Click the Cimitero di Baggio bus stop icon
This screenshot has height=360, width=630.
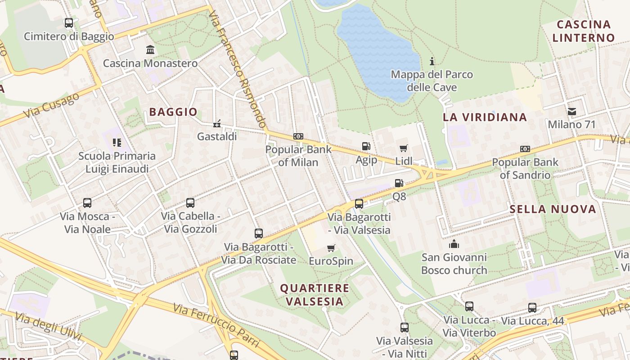click(x=69, y=23)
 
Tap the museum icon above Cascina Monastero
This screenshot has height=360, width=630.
click(x=150, y=49)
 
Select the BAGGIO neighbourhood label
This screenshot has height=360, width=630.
click(x=173, y=112)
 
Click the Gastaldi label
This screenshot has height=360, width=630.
click(x=217, y=136)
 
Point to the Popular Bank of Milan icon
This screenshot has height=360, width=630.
click(x=298, y=136)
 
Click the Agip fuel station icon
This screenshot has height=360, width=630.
click(x=366, y=146)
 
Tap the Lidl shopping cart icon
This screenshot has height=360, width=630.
click(x=404, y=148)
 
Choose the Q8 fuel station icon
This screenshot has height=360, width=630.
click(x=399, y=183)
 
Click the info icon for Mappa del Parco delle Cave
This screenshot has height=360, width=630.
click(x=432, y=61)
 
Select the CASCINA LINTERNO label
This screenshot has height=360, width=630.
click(x=584, y=31)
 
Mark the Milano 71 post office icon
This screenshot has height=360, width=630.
click(x=571, y=111)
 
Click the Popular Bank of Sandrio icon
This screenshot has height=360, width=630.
click(x=525, y=149)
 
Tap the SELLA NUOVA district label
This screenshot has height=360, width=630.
click(x=553, y=209)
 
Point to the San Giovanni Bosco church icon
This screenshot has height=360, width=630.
click(x=454, y=244)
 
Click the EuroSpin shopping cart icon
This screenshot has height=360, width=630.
click(x=331, y=248)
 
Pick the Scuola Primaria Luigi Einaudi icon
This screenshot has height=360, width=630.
click(x=117, y=143)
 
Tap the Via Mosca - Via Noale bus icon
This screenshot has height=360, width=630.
click(x=87, y=203)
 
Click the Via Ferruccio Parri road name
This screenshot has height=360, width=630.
click(x=216, y=325)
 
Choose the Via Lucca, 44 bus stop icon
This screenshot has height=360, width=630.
click(x=532, y=308)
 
